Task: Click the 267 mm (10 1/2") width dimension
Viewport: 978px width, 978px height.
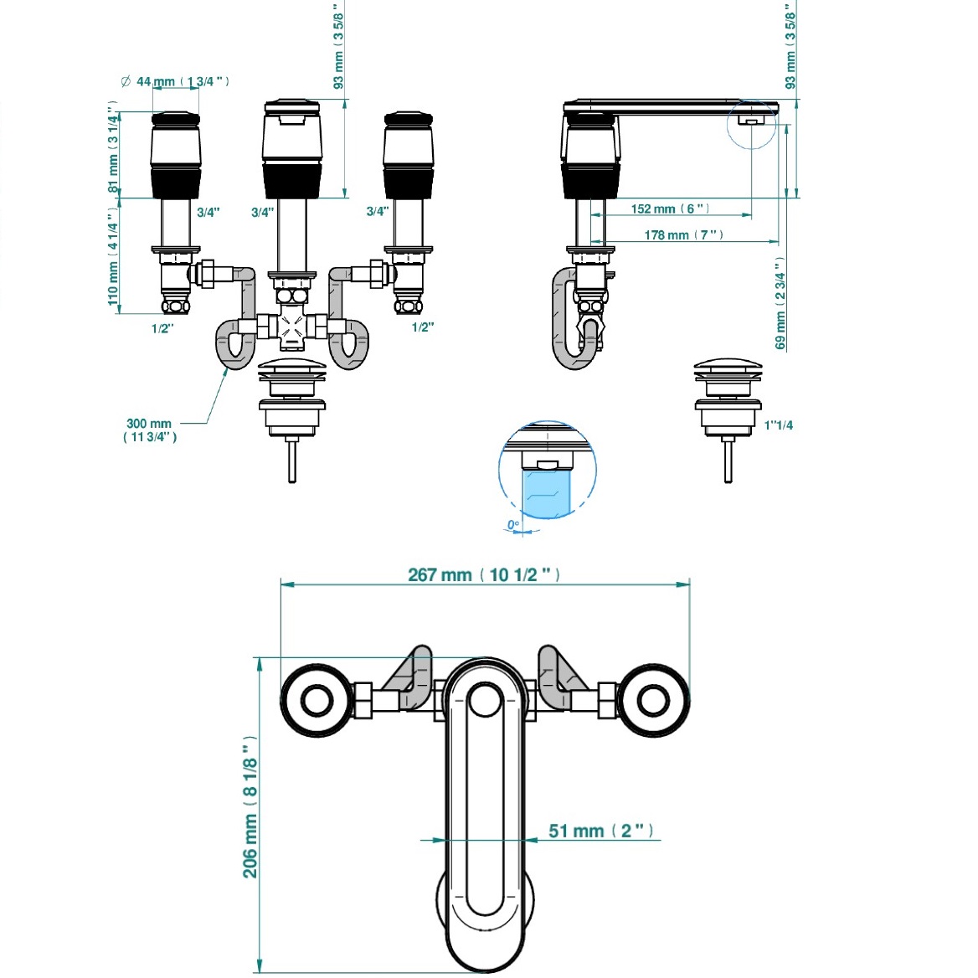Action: click(x=484, y=574)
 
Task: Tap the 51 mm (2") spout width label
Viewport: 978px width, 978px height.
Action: click(x=601, y=831)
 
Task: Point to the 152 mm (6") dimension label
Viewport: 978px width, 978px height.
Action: click(x=670, y=208)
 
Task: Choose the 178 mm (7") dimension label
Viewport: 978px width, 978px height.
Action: click(x=683, y=234)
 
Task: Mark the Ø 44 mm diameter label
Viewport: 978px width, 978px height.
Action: click(x=175, y=81)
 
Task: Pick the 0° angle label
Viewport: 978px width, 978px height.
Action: click(x=513, y=524)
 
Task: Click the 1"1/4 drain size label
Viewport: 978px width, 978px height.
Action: click(x=779, y=425)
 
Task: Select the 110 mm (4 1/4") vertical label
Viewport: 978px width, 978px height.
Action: click(x=113, y=255)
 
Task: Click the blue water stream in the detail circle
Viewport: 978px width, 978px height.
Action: click(x=547, y=492)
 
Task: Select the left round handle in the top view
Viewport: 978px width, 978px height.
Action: click(x=317, y=701)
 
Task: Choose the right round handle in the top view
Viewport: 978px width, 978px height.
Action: click(x=653, y=701)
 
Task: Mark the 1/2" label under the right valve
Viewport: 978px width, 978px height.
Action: click(x=423, y=327)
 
